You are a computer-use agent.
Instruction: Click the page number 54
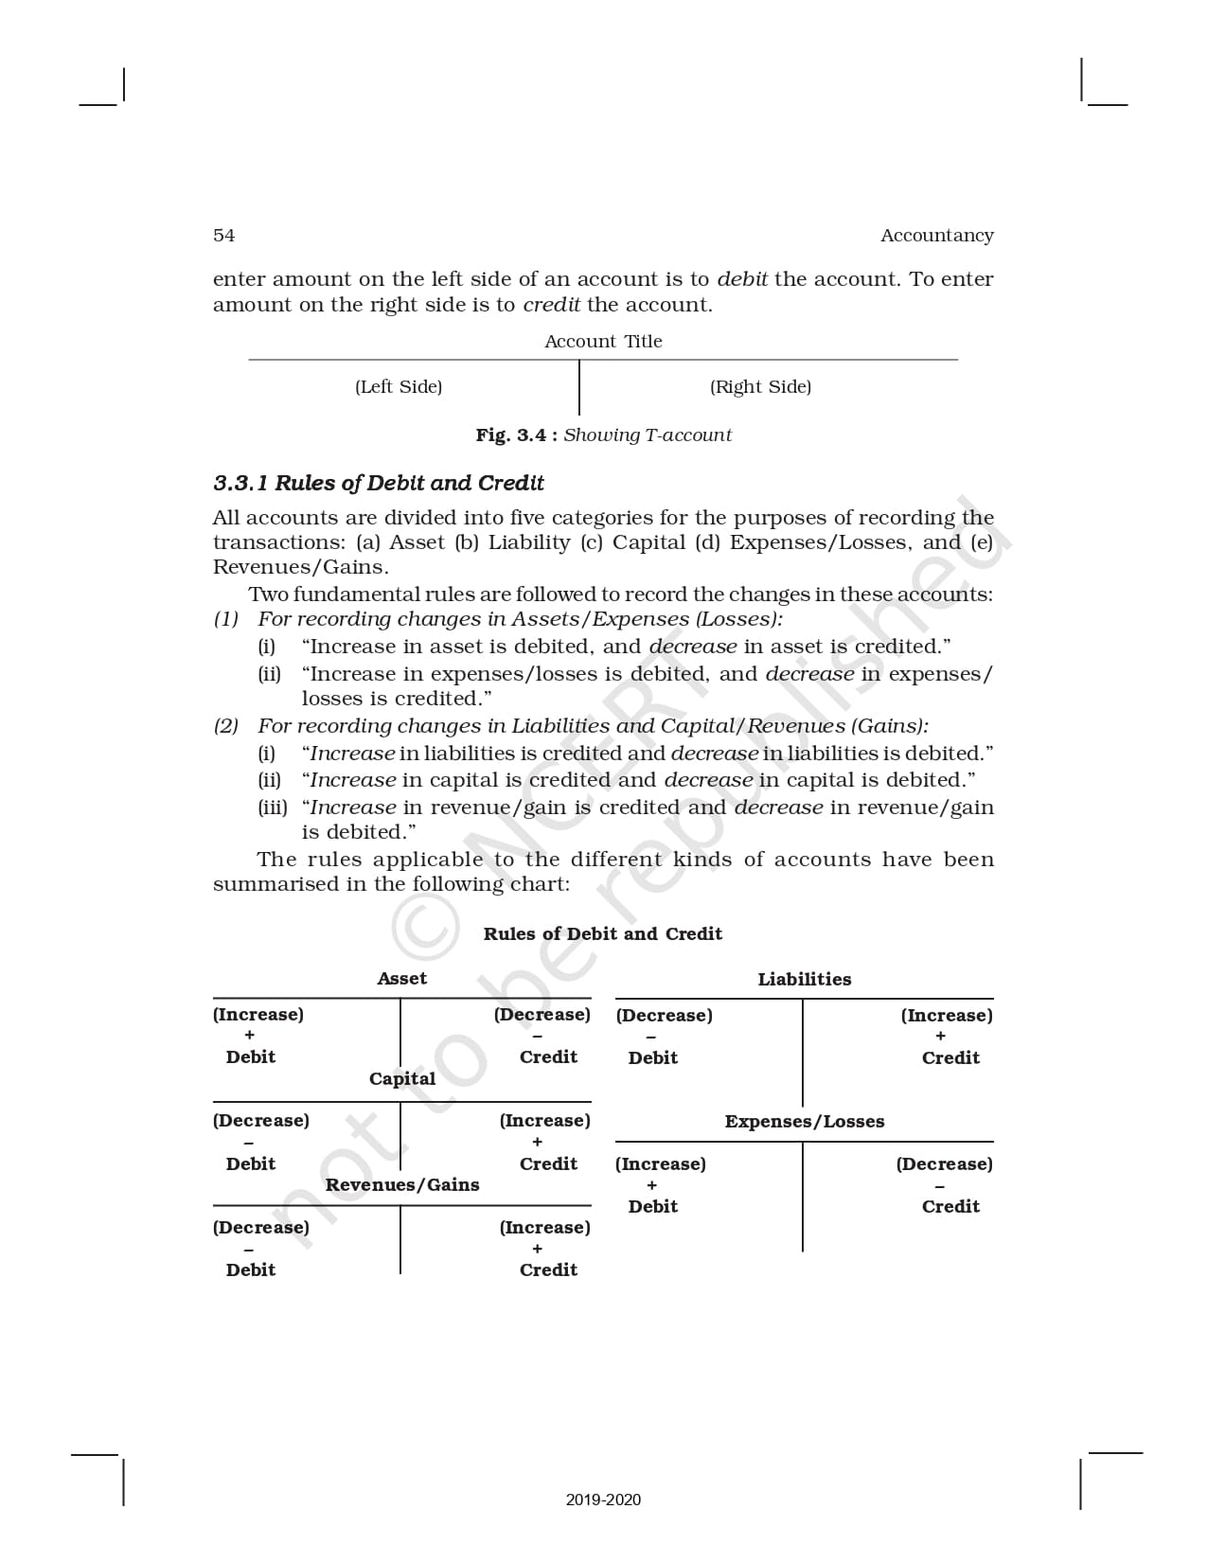click(x=224, y=236)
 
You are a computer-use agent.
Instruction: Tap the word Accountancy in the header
click(x=936, y=236)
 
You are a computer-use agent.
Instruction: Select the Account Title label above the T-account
click(x=603, y=342)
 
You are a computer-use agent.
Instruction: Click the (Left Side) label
click(x=399, y=387)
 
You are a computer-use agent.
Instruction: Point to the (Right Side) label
click(x=760, y=387)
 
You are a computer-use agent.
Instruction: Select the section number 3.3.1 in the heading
click(x=241, y=484)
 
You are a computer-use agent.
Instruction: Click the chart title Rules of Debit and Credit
click(x=602, y=934)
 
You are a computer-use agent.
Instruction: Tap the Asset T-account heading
click(x=401, y=979)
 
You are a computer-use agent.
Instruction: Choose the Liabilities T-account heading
click(x=804, y=980)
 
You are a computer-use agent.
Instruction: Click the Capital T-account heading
click(x=402, y=1079)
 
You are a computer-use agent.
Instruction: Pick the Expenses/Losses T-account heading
click(x=805, y=1122)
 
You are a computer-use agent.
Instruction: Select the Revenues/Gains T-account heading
click(x=402, y=1185)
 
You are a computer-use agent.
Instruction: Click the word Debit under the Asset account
click(x=251, y=1057)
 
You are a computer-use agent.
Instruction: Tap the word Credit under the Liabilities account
click(x=950, y=1058)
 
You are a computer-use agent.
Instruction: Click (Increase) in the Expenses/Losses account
click(x=661, y=1164)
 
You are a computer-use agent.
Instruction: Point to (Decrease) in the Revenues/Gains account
click(x=261, y=1228)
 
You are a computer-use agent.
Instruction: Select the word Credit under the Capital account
click(x=548, y=1164)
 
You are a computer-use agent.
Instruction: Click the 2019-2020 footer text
click(x=603, y=1500)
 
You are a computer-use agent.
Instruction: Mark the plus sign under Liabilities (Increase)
click(x=940, y=1037)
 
